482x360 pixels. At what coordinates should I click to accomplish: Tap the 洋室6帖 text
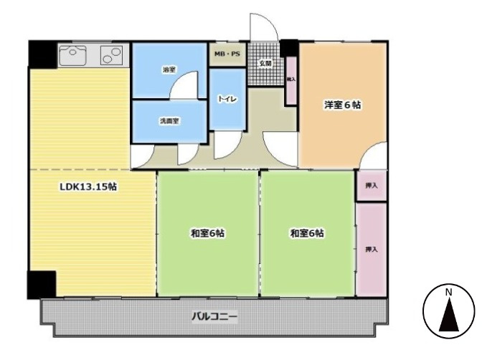click(342, 105)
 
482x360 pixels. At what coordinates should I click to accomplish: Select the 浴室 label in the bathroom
click(169, 70)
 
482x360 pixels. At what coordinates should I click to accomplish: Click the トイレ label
click(227, 100)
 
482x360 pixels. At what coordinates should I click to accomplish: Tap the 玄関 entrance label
click(266, 64)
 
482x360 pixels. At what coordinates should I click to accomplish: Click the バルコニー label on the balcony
click(214, 316)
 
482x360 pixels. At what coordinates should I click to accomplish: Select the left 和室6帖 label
click(208, 233)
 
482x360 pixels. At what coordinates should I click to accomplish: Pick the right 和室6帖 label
click(308, 233)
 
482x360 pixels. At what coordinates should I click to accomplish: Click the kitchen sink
click(73, 54)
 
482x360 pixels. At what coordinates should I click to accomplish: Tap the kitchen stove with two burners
click(111, 55)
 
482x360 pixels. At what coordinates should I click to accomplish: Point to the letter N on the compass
click(448, 292)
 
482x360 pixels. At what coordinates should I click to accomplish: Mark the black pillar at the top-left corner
click(42, 53)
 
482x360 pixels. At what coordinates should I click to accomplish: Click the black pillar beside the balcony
click(41, 284)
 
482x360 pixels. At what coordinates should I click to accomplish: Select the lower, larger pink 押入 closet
click(371, 249)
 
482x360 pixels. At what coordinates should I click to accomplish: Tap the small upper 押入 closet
click(371, 185)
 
